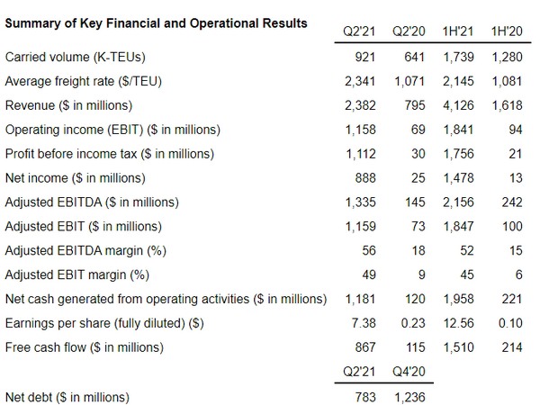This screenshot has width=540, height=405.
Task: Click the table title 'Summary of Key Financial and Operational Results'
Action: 155,22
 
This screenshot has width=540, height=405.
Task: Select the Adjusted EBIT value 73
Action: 414,226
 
